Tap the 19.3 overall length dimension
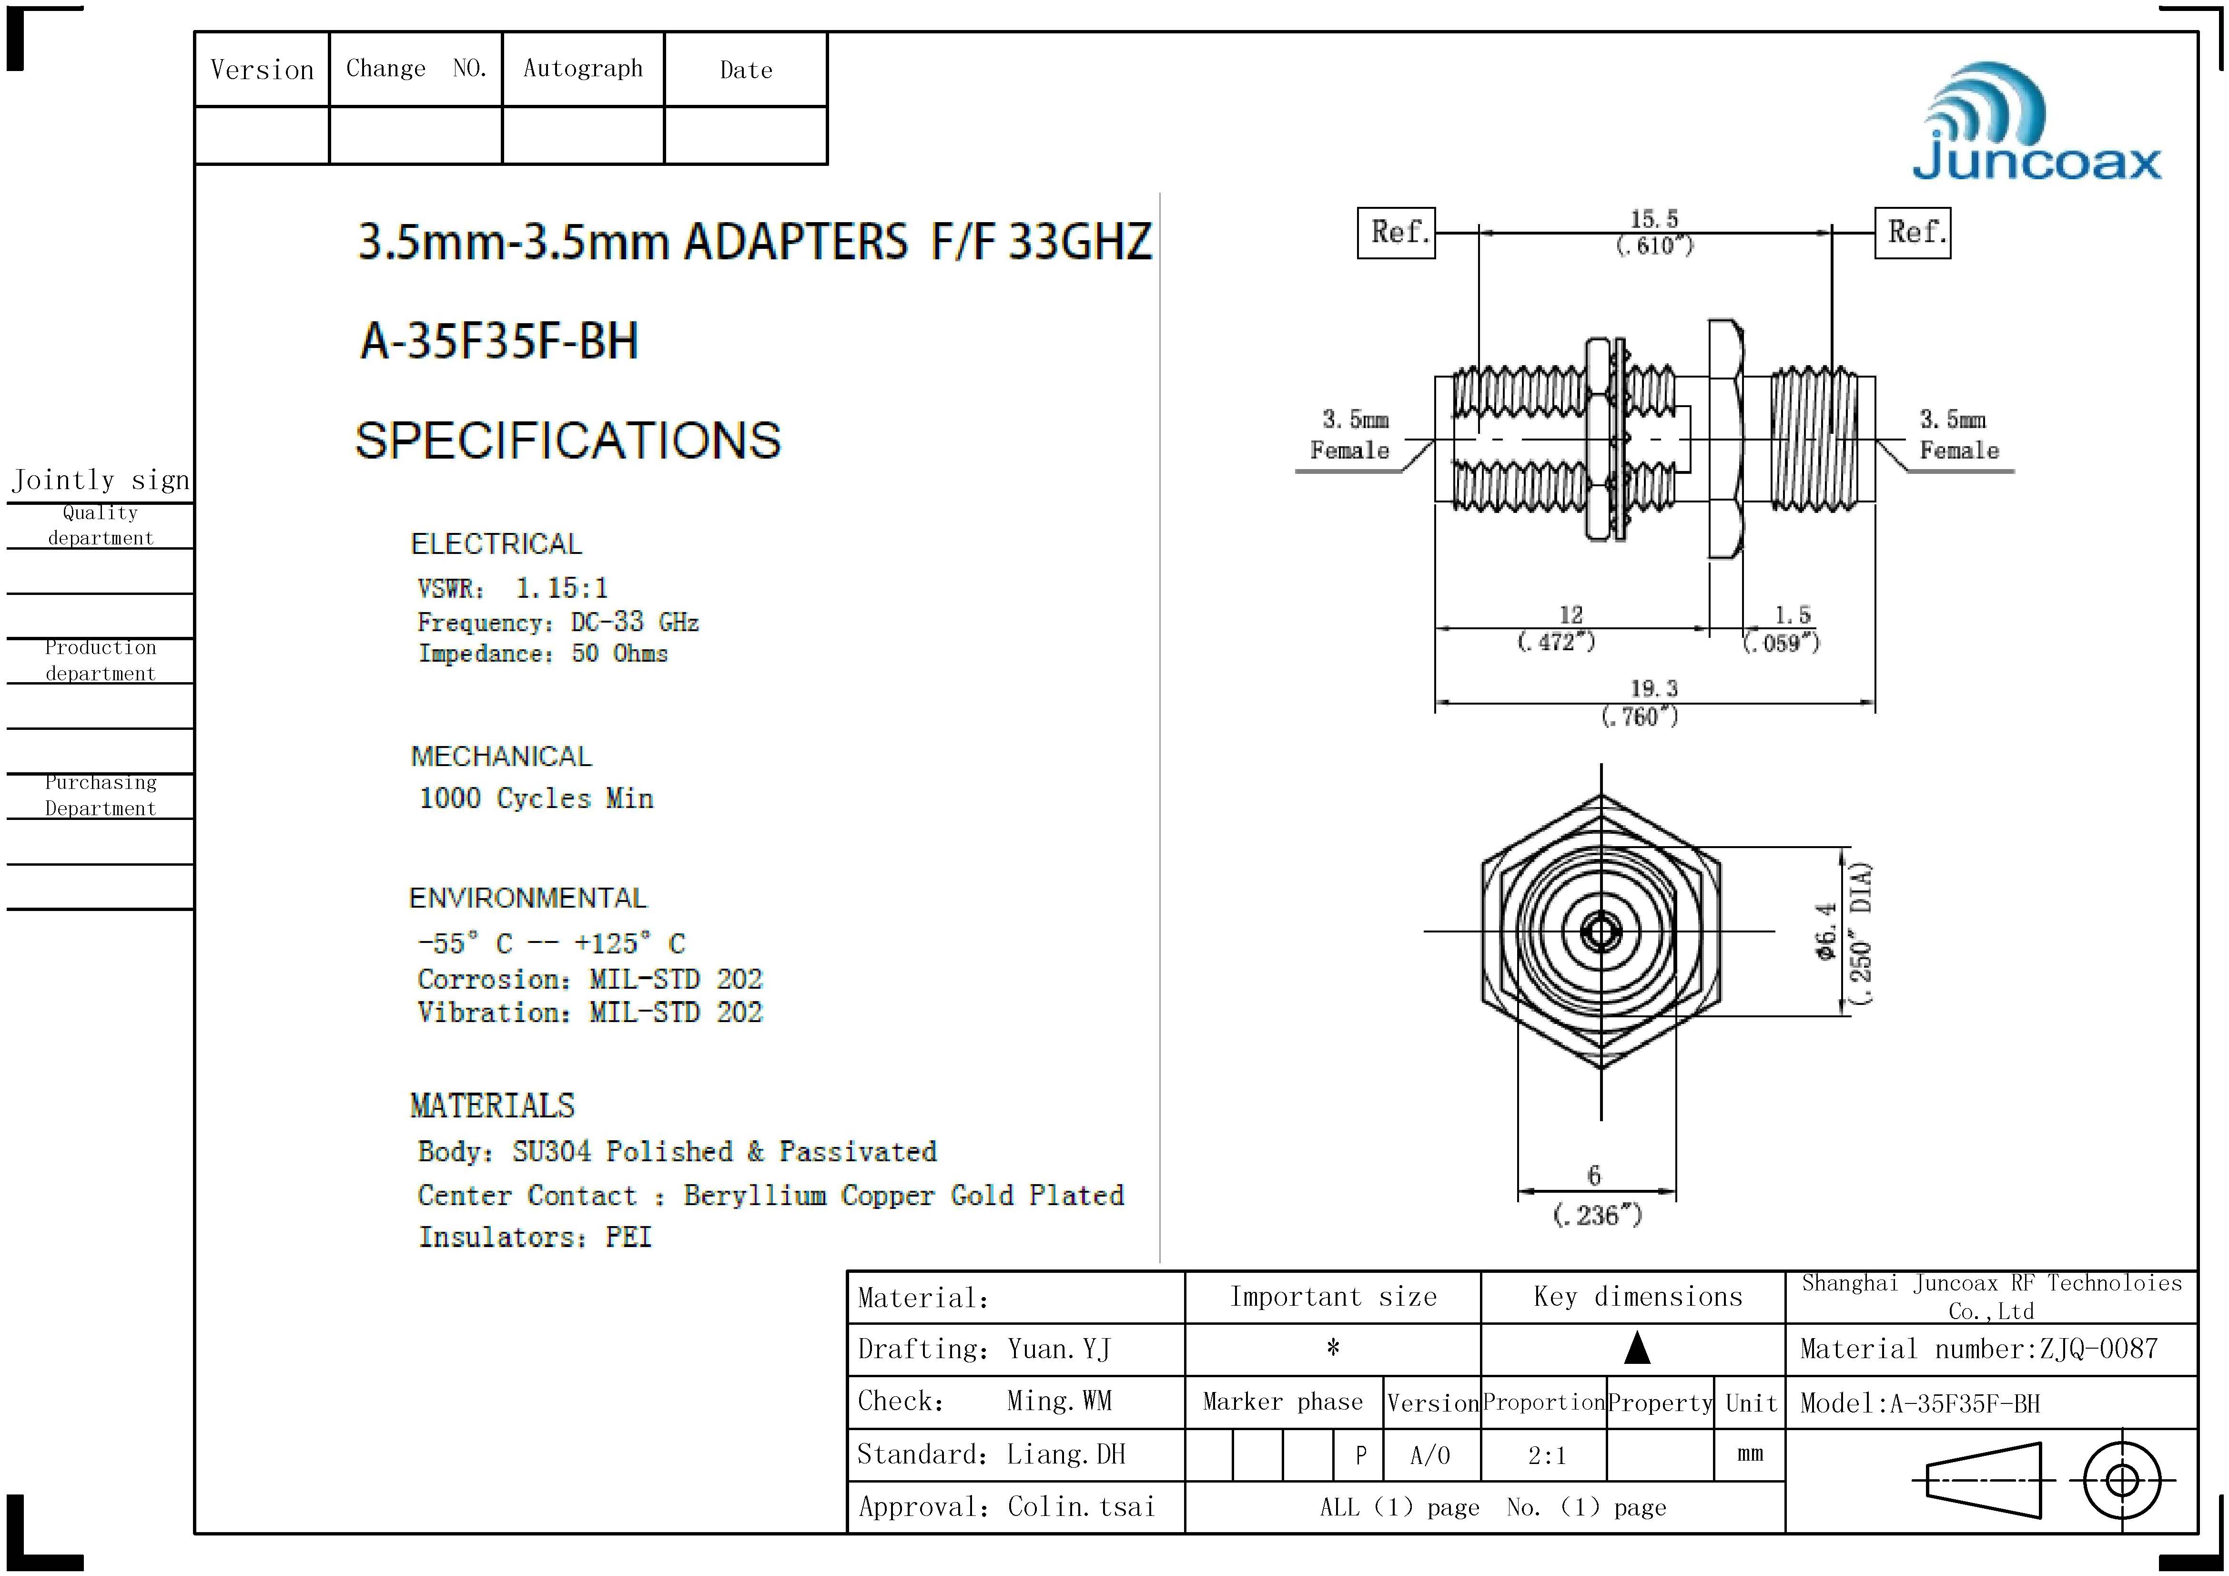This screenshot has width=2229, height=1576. tap(1653, 688)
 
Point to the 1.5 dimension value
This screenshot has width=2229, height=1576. tap(1792, 614)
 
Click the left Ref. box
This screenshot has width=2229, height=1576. tap(1396, 233)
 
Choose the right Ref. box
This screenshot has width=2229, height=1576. tap(1912, 233)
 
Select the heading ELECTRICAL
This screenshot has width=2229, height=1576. tap(496, 544)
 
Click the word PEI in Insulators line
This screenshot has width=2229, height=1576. tap(628, 1237)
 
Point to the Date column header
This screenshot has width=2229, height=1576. tap(746, 70)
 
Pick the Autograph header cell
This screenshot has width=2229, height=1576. tap(582, 68)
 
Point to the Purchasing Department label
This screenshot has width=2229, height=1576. tap(100, 795)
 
